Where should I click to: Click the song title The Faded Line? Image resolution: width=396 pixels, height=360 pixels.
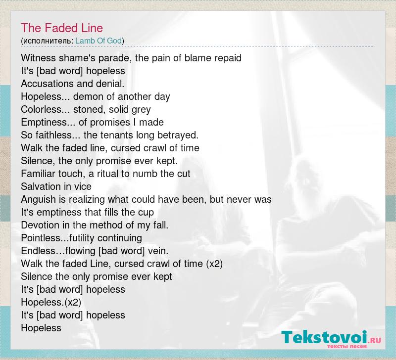[62, 28]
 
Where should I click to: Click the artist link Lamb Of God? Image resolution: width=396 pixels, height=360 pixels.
[99, 41]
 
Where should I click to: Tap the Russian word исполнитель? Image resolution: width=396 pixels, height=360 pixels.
[48, 41]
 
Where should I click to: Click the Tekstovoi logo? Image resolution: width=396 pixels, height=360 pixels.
[331, 338]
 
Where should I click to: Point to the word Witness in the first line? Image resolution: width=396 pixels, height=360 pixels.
[39, 58]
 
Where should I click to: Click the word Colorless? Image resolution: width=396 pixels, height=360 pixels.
[42, 109]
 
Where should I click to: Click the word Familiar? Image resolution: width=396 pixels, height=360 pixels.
[38, 174]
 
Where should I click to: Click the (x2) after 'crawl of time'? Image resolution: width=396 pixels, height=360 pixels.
[214, 264]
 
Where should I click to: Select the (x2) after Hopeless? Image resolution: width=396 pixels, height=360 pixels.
[73, 302]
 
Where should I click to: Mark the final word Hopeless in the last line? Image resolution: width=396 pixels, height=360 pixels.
[41, 328]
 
